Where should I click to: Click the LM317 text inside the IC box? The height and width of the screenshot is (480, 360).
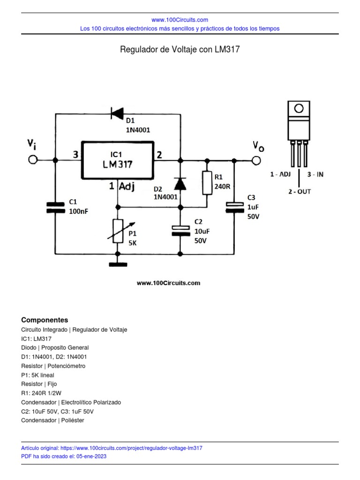(118, 165)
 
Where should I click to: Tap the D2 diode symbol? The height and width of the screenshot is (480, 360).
(180, 184)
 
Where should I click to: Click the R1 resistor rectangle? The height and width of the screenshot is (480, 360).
(207, 183)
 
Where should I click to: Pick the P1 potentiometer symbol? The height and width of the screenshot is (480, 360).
(118, 231)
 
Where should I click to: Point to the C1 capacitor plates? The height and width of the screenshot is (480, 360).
(55, 208)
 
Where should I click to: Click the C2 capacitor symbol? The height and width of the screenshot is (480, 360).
(180, 230)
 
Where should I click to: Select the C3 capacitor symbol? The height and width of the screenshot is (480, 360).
(234, 207)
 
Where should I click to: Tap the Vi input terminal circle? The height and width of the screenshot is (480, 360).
(33, 160)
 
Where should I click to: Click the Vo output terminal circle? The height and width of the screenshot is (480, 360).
(256, 161)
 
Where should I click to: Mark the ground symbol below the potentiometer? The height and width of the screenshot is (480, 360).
(118, 264)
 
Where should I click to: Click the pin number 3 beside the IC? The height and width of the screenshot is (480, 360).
(75, 154)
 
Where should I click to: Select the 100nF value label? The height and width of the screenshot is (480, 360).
(78, 211)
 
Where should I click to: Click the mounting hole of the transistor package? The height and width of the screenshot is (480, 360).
(298, 109)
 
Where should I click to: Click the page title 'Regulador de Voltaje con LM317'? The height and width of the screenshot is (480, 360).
(180, 49)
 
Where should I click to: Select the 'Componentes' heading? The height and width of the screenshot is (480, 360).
(45, 320)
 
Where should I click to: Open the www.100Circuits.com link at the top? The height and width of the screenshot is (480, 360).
(180, 20)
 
